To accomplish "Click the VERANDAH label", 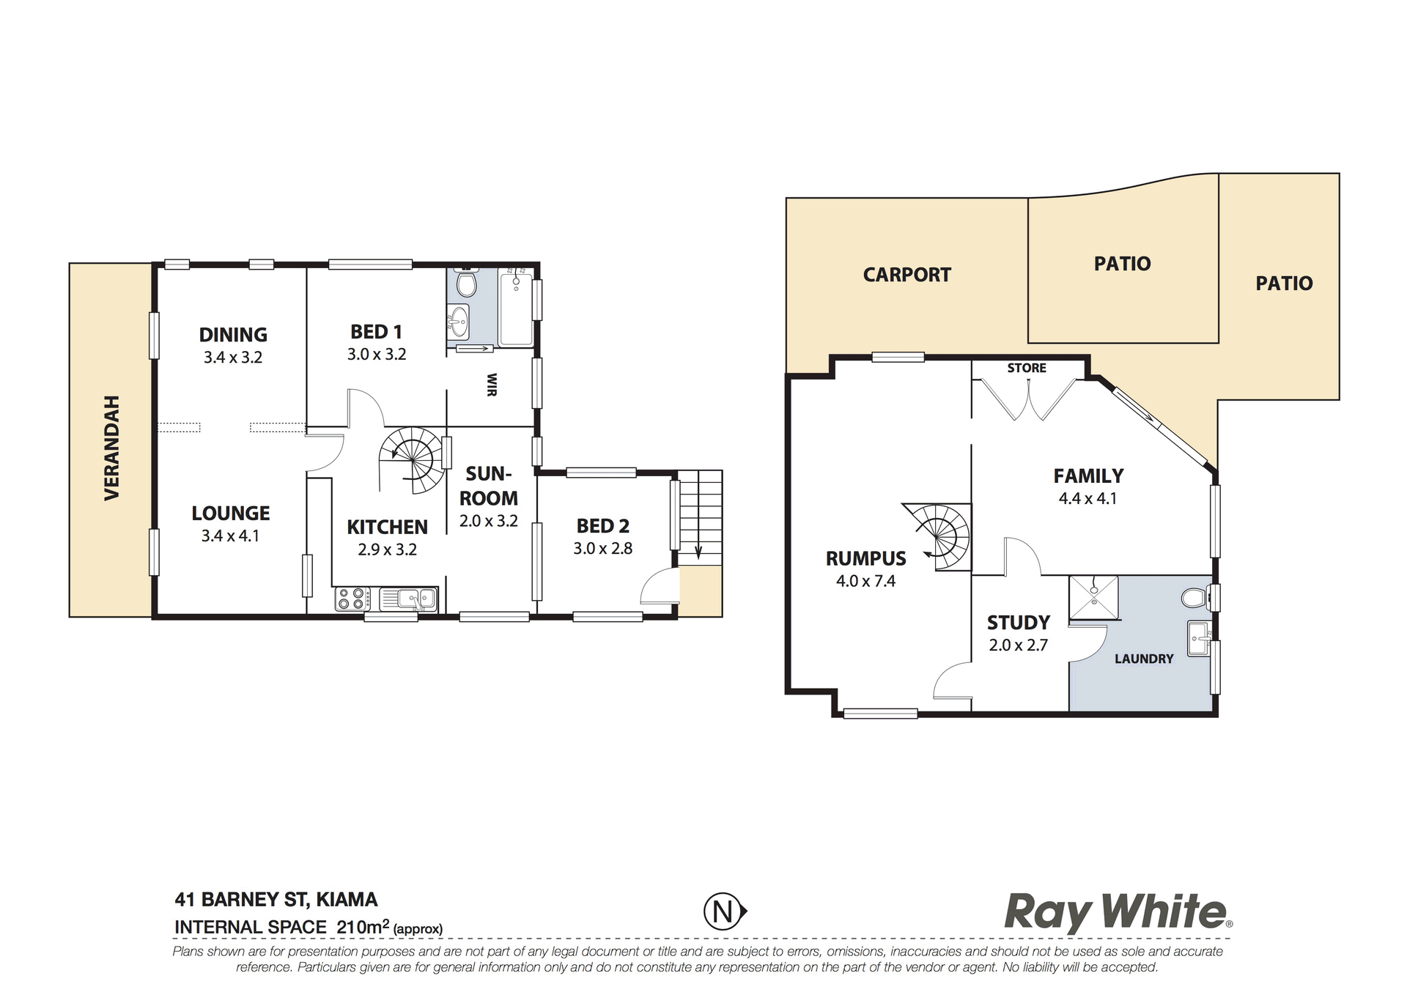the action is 112,448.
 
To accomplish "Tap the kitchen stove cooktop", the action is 352,599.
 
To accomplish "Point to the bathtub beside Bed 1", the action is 516,307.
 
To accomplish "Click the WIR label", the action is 492,385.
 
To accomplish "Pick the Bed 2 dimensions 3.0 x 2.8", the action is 602,549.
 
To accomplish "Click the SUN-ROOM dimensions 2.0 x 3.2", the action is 489,522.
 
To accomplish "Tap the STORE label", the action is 1027,368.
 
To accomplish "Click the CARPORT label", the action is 907,275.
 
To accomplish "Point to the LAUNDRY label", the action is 1144,659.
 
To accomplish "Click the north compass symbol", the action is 725,912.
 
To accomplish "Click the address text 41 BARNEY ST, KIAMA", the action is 276,900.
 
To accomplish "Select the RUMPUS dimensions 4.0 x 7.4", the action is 866,582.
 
